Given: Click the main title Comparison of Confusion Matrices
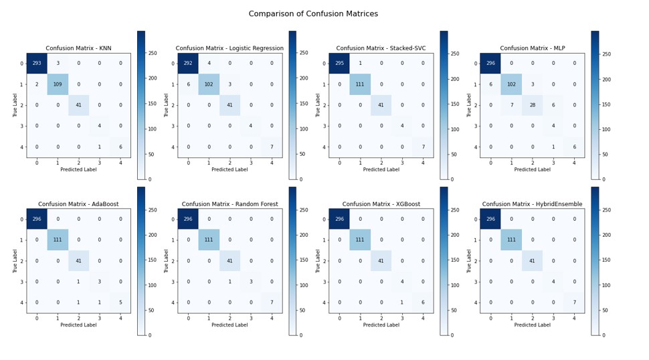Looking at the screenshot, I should tap(322, 14).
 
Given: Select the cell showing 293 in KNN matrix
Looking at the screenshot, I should tap(37, 64).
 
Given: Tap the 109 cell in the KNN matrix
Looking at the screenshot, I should tap(58, 84).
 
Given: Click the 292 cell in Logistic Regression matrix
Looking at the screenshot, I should tap(188, 64).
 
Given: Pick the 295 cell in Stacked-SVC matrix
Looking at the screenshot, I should tap(339, 64).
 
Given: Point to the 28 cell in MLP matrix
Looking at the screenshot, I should tap(532, 105).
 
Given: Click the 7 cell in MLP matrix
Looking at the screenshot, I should tap(511, 105).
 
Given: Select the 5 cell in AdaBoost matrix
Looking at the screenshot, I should tap(120, 302).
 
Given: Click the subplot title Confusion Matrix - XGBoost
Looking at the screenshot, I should tap(381, 204).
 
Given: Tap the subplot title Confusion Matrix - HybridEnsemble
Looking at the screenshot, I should tap(532, 204).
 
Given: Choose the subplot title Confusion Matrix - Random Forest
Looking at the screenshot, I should tap(229, 204).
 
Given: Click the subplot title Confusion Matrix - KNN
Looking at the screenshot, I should tap(78, 48).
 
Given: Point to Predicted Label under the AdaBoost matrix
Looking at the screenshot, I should tap(78, 325).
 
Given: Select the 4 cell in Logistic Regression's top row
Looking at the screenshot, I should tap(209, 64).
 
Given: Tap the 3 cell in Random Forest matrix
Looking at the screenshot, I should tap(250, 282).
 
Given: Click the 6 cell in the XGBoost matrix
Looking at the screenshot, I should tap(422, 302).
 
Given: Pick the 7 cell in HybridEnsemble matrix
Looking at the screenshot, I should tap(573, 302).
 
